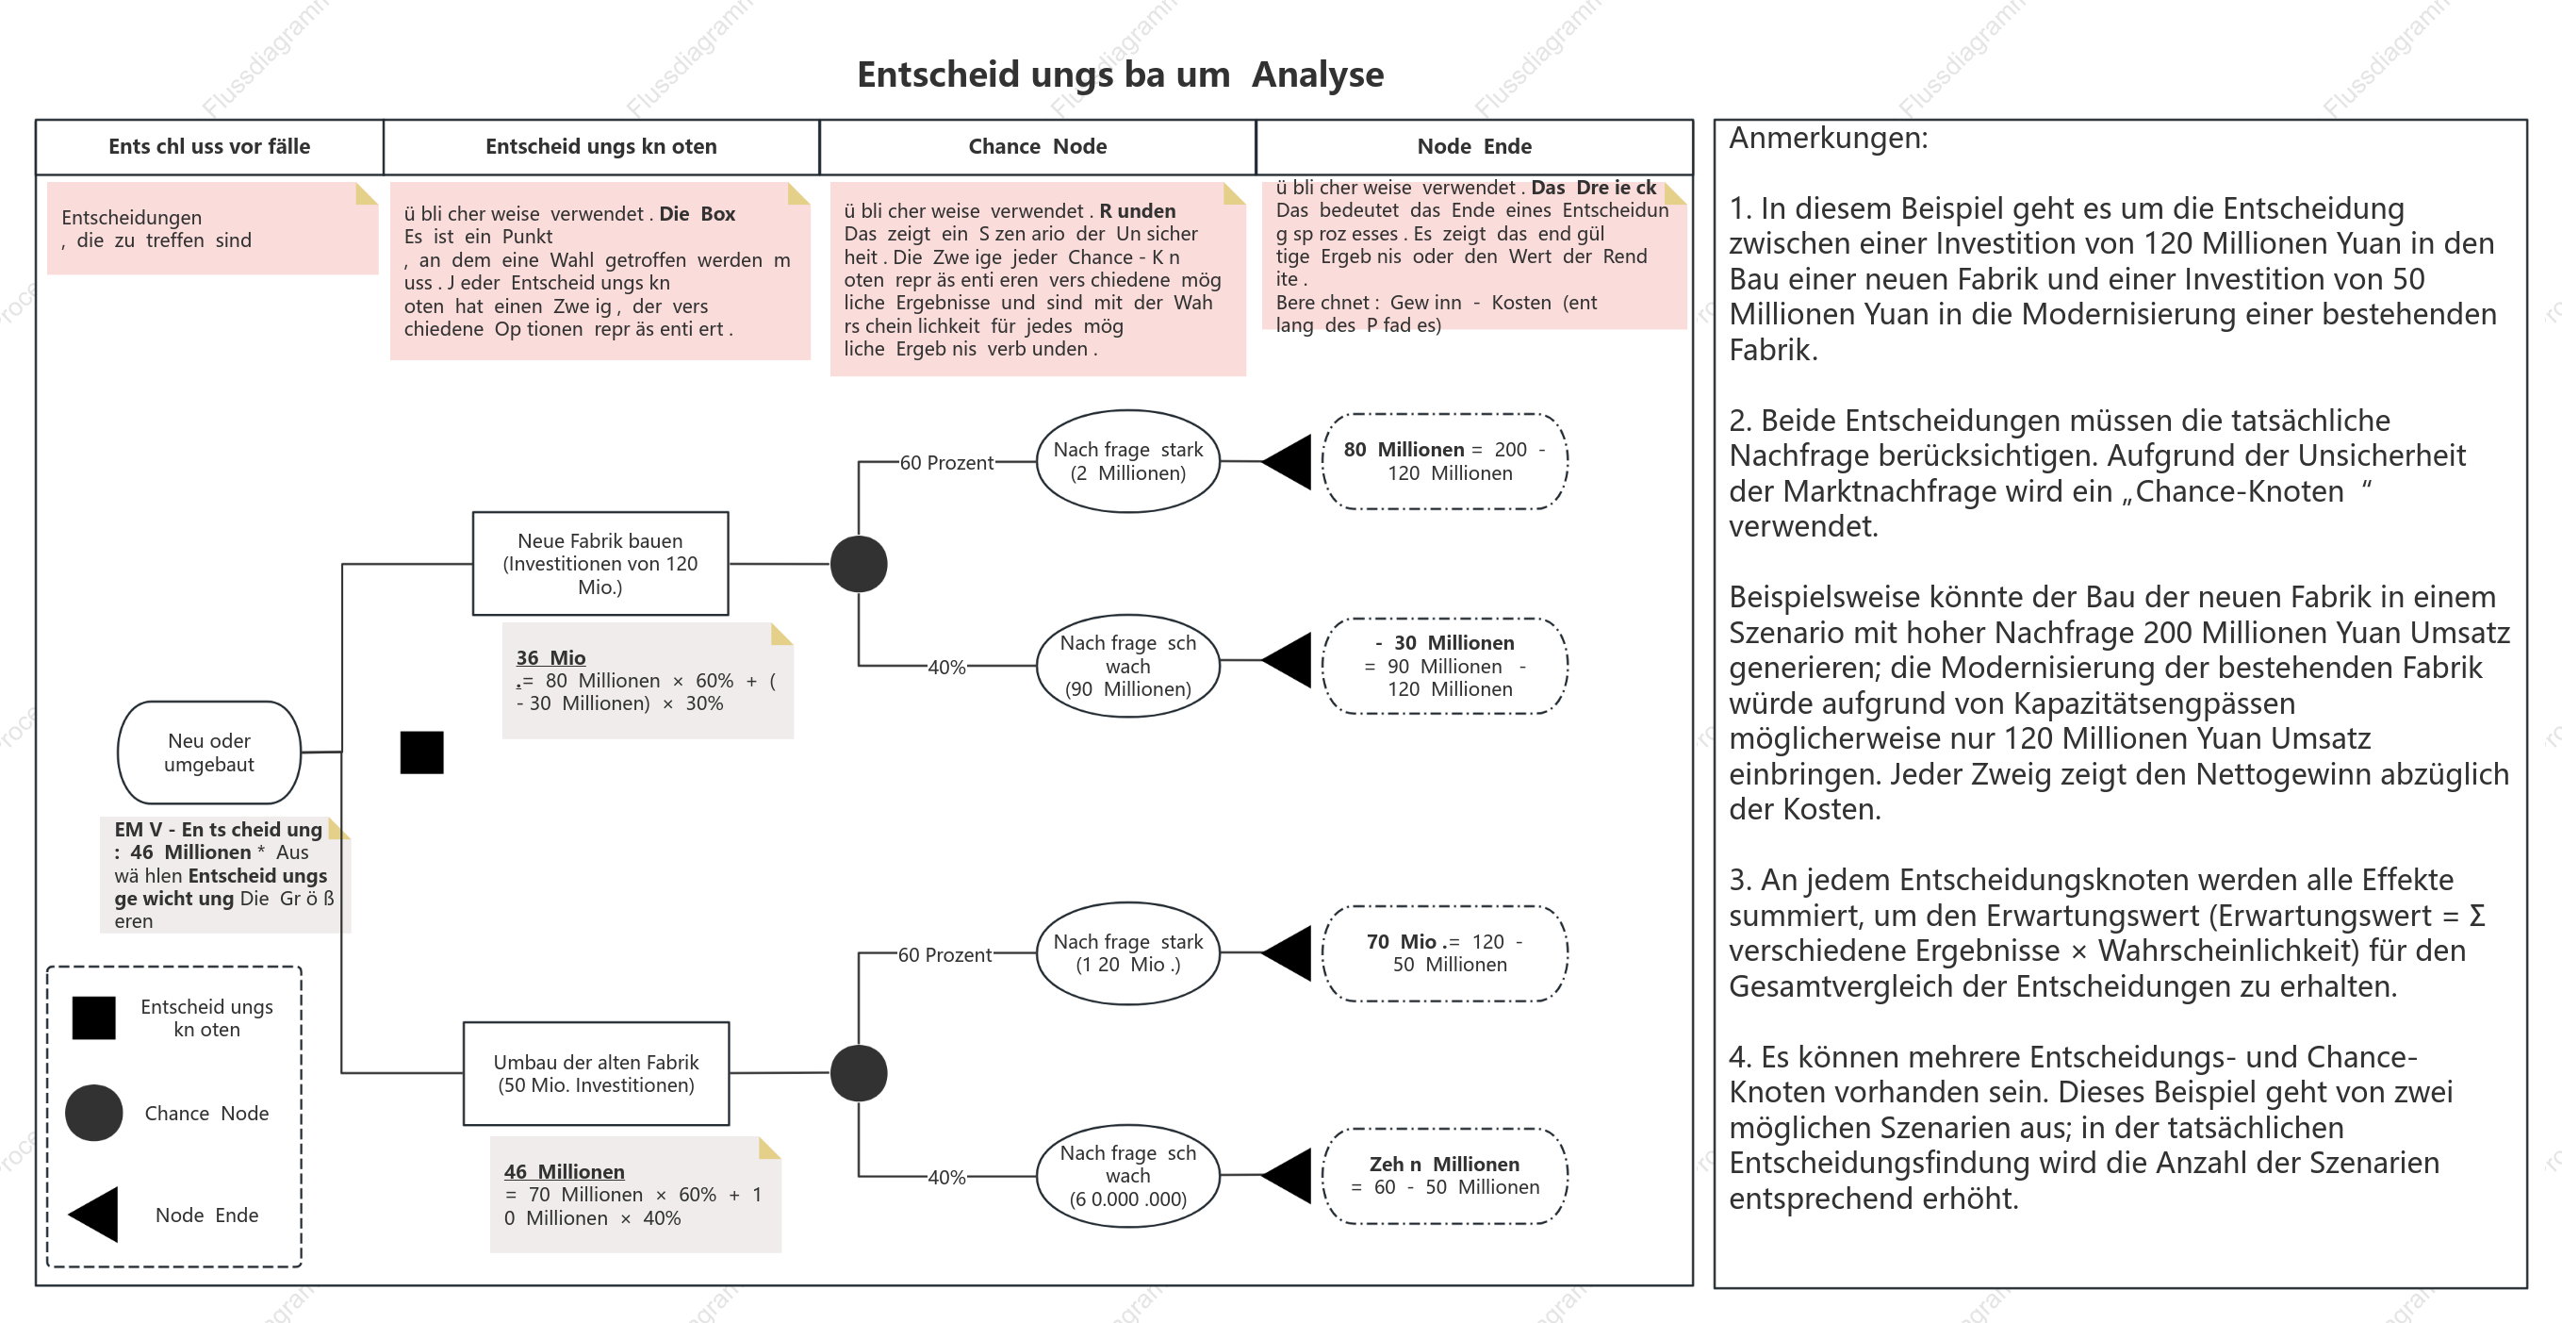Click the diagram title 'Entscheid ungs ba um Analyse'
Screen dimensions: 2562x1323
[x=1120, y=74]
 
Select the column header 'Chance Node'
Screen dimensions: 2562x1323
[x=1037, y=146]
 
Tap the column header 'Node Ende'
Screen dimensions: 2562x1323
[x=1474, y=146]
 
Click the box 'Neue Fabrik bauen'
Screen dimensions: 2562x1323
[x=600, y=564]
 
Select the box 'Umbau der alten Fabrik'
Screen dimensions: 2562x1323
[x=597, y=1073]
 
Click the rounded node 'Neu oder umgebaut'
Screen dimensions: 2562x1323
[x=209, y=752]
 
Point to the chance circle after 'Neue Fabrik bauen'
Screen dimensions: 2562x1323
[x=859, y=564]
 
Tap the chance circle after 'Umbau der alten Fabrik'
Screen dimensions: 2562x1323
[x=859, y=1073]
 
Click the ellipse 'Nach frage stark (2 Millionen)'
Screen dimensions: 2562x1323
[x=1128, y=461]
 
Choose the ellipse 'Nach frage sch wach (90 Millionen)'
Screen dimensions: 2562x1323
[x=1128, y=666]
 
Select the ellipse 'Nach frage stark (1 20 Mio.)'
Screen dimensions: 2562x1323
[x=1128, y=953]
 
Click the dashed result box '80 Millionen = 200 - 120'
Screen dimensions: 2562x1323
[x=1445, y=461]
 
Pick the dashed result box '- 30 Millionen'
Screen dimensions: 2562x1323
[x=1445, y=666]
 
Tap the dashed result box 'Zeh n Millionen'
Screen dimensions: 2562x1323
[x=1445, y=1176]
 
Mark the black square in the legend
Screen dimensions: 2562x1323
[x=94, y=1017]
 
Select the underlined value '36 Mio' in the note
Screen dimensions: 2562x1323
[x=551, y=657]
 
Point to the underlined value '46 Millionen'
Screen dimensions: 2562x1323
[x=564, y=1172]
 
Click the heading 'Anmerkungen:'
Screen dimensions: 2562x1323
[x=1828, y=139]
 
